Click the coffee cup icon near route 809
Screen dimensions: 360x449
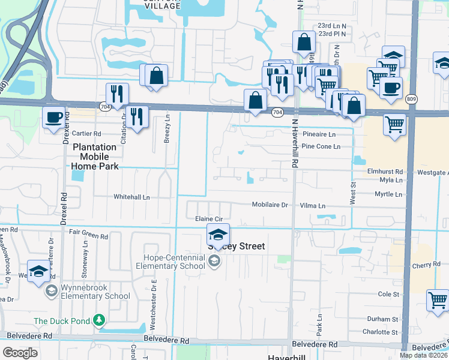pyautogui.click(x=391, y=87)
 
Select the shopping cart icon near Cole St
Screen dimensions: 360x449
pyautogui.click(x=438, y=299)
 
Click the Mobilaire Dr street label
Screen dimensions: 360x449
pyautogui.click(x=270, y=205)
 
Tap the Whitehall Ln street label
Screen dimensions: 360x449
pyautogui.click(x=131, y=196)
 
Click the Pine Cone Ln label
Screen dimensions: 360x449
pyautogui.click(x=321, y=146)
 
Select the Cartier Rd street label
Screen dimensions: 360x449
pyautogui.click(x=86, y=133)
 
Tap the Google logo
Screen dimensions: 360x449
pyautogui.click(x=21, y=353)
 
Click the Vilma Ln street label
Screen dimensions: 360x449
pyautogui.click(x=313, y=205)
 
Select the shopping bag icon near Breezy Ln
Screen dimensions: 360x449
pyautogui.click(x=156, y=76)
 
